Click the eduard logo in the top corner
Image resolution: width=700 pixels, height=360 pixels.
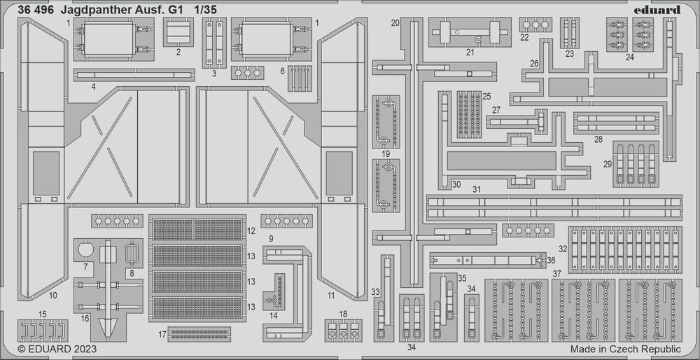click(x=660, y=10)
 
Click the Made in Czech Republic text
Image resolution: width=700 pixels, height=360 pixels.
click(x=625, y=349)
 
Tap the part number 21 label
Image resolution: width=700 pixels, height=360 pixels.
click(x=470, y=52)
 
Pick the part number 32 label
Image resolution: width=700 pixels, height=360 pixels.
click(x=562, y=249)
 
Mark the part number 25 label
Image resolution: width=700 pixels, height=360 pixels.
click(x=486, y=95)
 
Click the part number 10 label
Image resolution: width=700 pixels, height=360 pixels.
click(x=52, y=295)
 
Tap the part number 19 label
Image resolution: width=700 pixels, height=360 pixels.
click(x=386, y=153)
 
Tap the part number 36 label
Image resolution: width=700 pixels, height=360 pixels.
click(x=551, y=261)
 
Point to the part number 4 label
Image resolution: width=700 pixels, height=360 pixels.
click(x=92, y=88)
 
